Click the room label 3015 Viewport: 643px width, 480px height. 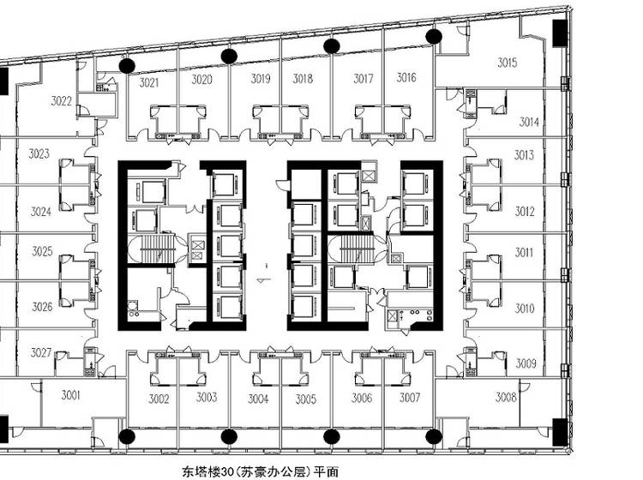tap(508, 63)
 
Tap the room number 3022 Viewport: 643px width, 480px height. tap(62, 101)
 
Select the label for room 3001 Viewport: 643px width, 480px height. tap(70, 395)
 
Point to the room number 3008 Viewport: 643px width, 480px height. tap(506, 397)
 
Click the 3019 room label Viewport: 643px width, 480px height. tap(261, 78)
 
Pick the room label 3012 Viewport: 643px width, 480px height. tap(525, 212)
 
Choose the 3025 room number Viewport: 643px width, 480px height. tap(43, 251)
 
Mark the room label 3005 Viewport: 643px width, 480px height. tap(306, 399)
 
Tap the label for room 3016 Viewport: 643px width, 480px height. tap(406, 77)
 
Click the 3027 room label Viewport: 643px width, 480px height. tap(41, 352)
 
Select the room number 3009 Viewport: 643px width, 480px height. tap(526, 363)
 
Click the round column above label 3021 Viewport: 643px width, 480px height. tap(127, 66)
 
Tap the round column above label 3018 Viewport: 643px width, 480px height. tap(331, 46)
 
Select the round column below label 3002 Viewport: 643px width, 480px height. tap(127, 436)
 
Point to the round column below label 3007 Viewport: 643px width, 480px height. tap(434, 436)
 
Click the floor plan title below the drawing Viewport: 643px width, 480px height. tap(261, 471)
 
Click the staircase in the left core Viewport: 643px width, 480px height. tap(155, 249)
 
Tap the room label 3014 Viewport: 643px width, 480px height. tap(529, 122)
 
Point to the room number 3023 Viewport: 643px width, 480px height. tap(39, 153)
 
